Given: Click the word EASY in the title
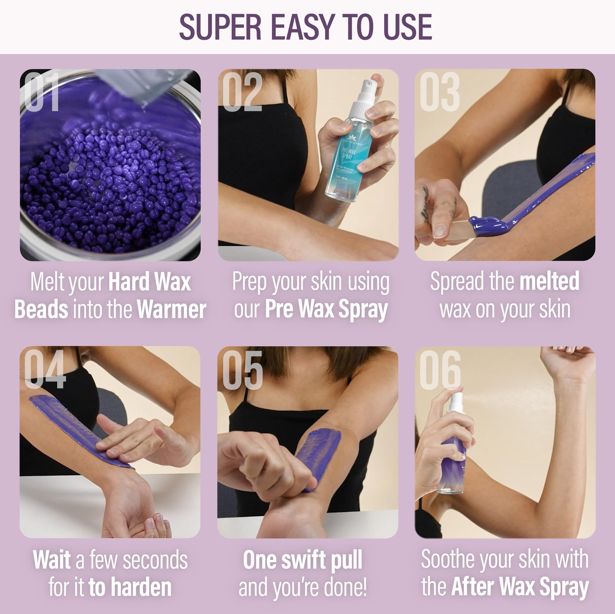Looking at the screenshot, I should point(302,27).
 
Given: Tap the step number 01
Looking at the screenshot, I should point(42,92).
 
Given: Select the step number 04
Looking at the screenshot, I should point(45,369).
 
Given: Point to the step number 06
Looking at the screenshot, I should point(440,370).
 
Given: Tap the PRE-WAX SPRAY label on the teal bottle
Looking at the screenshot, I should point(349,153).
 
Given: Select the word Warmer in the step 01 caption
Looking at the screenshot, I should point(171,309).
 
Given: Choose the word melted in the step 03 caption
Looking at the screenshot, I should point(549,281).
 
